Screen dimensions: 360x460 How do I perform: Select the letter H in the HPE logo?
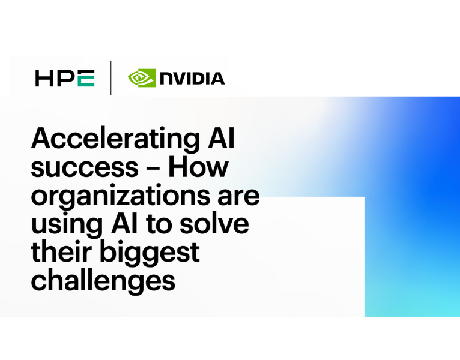tap(44, 79)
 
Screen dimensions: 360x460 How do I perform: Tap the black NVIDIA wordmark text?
tap(192, 79)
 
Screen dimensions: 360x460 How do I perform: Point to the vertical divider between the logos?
tap(111, 79)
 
